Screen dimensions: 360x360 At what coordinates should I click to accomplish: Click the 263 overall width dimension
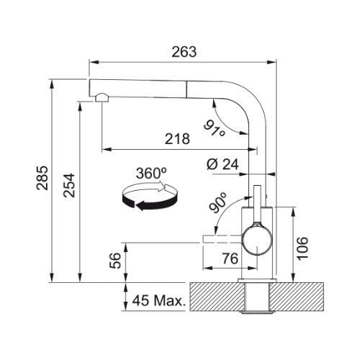[x=184, y=52]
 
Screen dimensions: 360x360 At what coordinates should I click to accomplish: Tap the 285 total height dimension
[x=42, y=178]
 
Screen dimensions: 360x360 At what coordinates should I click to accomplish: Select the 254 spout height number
[x=69, y=185]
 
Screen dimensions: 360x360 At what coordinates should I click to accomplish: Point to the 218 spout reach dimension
[x=177, y=139]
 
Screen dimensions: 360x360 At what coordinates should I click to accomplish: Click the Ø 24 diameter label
[x=222, y=164]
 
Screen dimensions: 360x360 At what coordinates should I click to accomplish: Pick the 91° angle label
[x=215, y=129]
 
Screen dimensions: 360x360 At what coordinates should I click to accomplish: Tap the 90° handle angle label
[x=217, y=203]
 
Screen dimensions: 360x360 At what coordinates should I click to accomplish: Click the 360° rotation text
[x=151, y=173]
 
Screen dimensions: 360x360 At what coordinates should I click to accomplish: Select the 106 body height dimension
[x=302, y=248]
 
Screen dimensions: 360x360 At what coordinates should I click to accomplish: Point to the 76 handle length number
[x=230, y=258]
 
